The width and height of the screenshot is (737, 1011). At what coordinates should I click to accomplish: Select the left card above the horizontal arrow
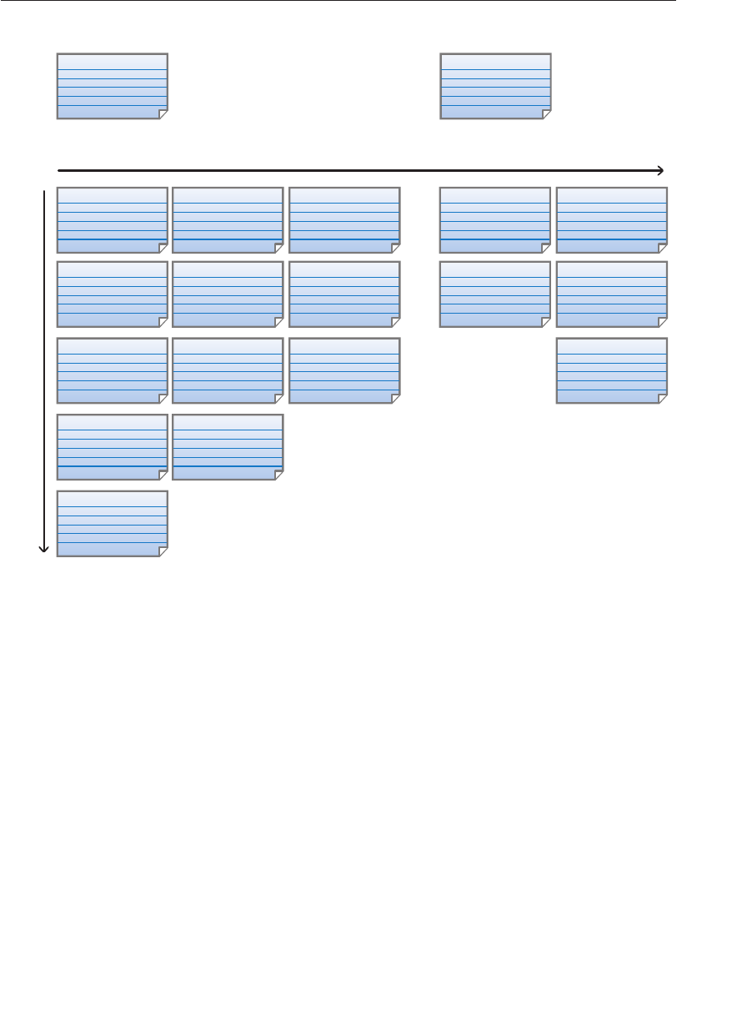[112, 86]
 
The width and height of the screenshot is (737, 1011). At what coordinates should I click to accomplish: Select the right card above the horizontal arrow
[495, 86]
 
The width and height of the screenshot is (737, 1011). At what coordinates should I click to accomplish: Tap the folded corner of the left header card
[163, 114]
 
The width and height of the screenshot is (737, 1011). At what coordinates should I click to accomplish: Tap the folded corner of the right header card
[546, 114]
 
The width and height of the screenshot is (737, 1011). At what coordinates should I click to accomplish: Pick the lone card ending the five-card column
[112, 523]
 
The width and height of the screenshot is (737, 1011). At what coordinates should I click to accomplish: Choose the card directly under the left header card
[112, 220]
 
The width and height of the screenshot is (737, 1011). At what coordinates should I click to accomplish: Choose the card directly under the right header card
[495, 220]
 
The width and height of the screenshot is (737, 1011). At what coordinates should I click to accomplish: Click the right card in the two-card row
[228, 447]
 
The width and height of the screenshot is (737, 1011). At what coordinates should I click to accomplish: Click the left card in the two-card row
[112, 447]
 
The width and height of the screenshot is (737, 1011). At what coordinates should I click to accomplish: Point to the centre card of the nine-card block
[228, 294]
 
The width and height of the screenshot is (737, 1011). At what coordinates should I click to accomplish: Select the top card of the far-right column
[611, 220]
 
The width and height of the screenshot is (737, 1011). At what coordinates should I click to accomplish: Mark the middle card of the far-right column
[611, 294]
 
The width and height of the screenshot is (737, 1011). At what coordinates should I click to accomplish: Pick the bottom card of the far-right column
[611, 370]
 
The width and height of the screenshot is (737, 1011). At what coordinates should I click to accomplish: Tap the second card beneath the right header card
[495, 294]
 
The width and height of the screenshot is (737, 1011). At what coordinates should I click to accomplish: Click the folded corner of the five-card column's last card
[163, 551]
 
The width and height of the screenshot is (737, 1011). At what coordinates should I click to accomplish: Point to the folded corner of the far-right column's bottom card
[662, 399]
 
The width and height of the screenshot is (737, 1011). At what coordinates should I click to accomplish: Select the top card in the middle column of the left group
[228, 220]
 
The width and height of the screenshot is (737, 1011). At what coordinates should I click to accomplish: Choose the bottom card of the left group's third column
[344, 370]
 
